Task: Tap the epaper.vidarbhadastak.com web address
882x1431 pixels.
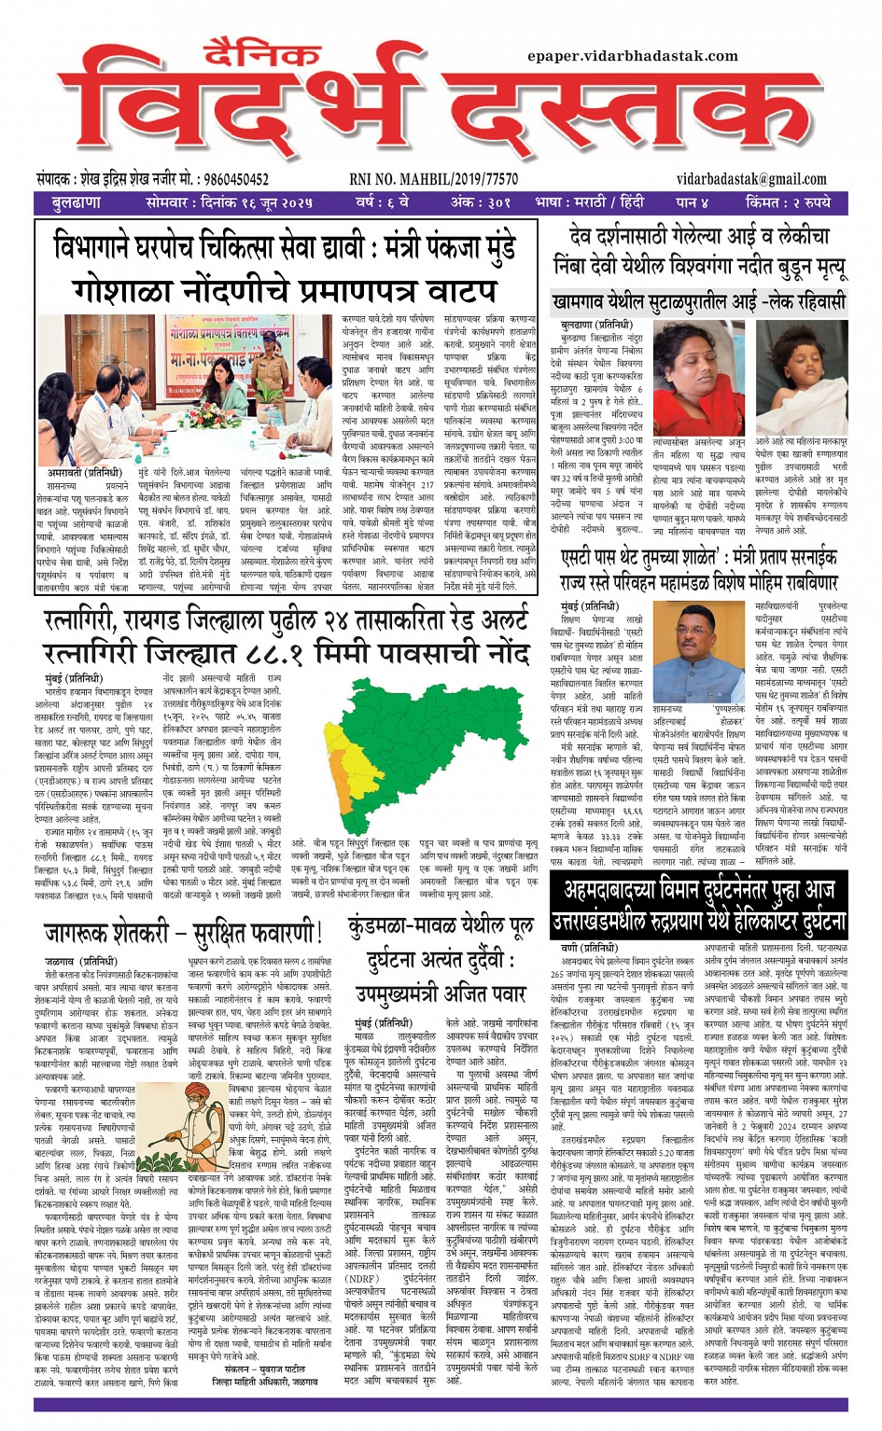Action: (632, 56)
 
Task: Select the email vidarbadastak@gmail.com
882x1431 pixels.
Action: (751, 179)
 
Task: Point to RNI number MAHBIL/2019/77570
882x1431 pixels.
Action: (434, 179)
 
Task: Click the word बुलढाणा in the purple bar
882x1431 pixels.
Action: (77, 202)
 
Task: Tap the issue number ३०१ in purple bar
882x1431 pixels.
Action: (497, 202)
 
